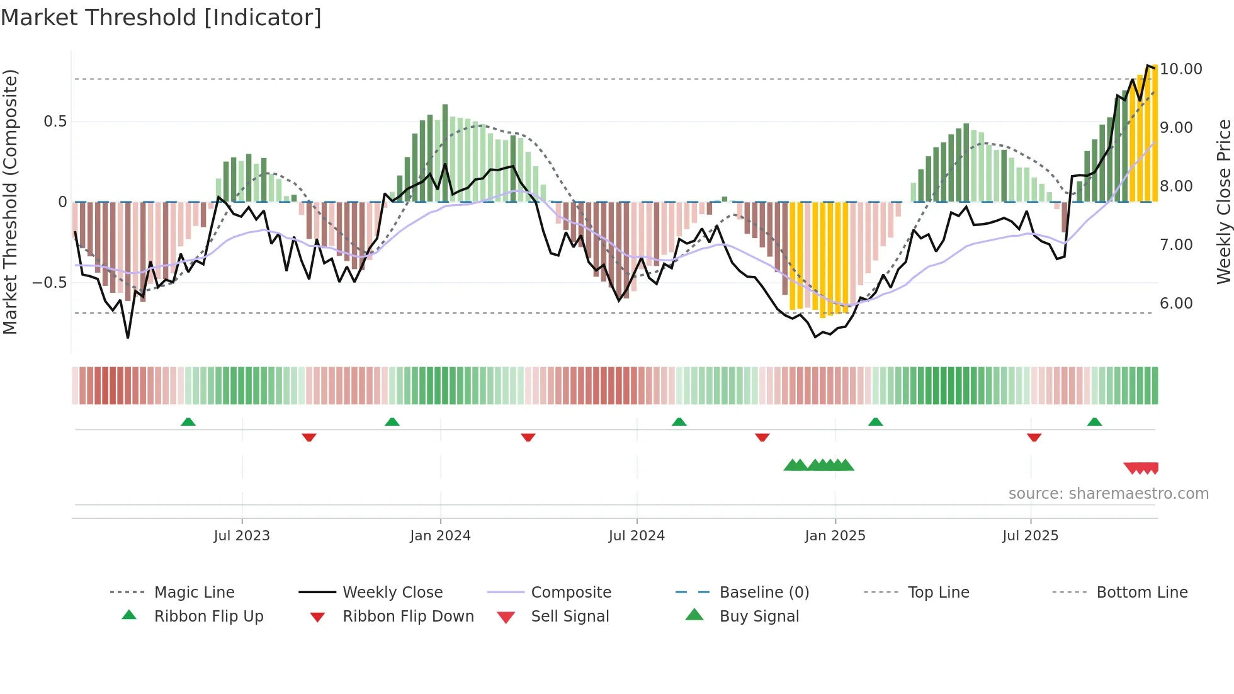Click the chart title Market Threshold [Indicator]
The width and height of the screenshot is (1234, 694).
[x=161, y=18]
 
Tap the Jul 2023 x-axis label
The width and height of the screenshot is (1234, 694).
[x=242, y=536]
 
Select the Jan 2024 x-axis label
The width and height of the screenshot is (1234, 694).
[x=440, y=536]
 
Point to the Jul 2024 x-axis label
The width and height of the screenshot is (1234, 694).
[x=637, y=536]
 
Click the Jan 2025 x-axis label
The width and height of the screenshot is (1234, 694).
[x=835, y=536]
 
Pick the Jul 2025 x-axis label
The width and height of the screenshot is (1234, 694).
[x=1030, y=536]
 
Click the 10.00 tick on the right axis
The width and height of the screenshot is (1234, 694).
[x=1181, y=69]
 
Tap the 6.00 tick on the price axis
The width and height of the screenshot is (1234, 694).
[x=1176, y=304]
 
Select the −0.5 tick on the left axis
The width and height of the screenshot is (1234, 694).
[x=49, y=283]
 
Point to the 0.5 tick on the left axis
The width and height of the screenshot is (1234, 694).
[x=55, y=122]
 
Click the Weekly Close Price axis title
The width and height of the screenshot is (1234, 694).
[x=1223, y=202]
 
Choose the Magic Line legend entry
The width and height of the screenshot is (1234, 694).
[x=194, y=593]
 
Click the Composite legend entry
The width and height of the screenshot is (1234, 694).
[x=570, y=593]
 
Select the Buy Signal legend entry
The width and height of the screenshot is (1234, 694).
[x=759, y=617]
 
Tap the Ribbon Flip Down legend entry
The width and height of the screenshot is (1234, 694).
[x=407, y=617]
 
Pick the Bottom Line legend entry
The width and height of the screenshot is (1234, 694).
[x=1141, y=593]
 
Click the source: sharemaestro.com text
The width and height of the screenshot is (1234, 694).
[x=1108, y=494]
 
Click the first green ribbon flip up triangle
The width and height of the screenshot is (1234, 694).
[x=188, y=422]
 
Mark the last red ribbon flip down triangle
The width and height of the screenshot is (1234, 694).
[x=1034, y=437]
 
